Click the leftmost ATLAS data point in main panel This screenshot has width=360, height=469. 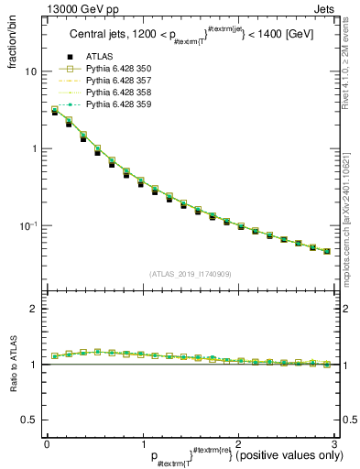[55, 112]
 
